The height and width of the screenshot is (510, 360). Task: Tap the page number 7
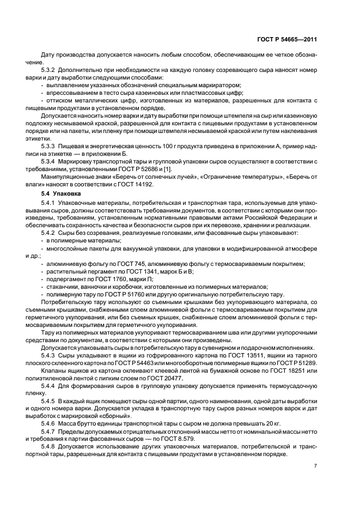coord(315,466)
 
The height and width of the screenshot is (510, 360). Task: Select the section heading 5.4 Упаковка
coord(60,193)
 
